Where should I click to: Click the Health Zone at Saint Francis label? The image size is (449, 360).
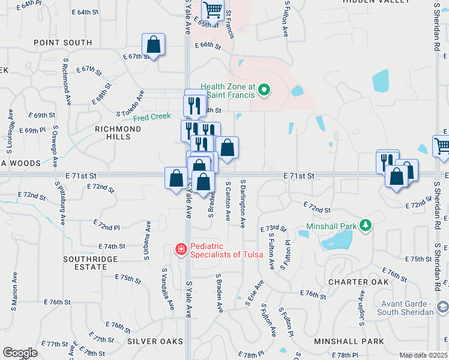coord(228,91)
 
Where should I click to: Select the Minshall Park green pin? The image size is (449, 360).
coord(364,226)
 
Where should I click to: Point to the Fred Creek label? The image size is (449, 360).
coord(152,118)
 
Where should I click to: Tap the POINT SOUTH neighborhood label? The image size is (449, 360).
coord(63,43)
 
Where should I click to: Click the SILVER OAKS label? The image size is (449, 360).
coord(155,341)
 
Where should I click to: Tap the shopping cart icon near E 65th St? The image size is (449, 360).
coord(212,10)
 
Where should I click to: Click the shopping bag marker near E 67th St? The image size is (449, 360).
coord(154,44)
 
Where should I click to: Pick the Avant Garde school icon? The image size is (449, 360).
coord(441,307)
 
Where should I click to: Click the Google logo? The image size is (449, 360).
coord(20,353)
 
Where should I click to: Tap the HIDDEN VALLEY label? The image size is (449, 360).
coord(369,2)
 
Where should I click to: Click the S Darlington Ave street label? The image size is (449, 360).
coord(243,203)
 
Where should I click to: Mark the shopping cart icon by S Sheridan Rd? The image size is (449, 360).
coord(441,145)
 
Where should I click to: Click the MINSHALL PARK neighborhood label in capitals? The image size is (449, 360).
coord(349,341)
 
